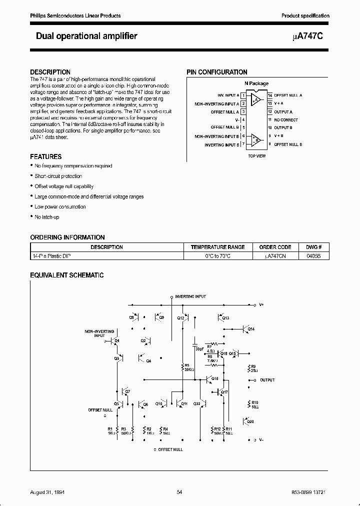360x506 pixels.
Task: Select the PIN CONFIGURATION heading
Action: coord(217,72)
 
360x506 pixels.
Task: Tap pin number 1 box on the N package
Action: coord(243,95)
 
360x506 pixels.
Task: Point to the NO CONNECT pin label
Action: coord(286,120)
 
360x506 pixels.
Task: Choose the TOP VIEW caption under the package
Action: coord(256,156)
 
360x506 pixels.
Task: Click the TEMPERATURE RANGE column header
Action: coord(217,247)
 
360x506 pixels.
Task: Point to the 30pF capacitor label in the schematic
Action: coord(198,348)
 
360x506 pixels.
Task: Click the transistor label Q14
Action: coord(251,329)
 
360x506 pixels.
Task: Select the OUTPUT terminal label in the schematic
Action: coord(267,380)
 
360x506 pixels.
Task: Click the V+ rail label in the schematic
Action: coord(261,304)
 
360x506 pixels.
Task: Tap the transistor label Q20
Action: coord(250,421)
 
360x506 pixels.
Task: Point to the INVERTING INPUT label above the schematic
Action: coord(190,296)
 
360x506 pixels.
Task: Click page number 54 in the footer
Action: coord(179,492)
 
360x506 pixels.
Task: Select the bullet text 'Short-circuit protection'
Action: coord(58,176)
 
